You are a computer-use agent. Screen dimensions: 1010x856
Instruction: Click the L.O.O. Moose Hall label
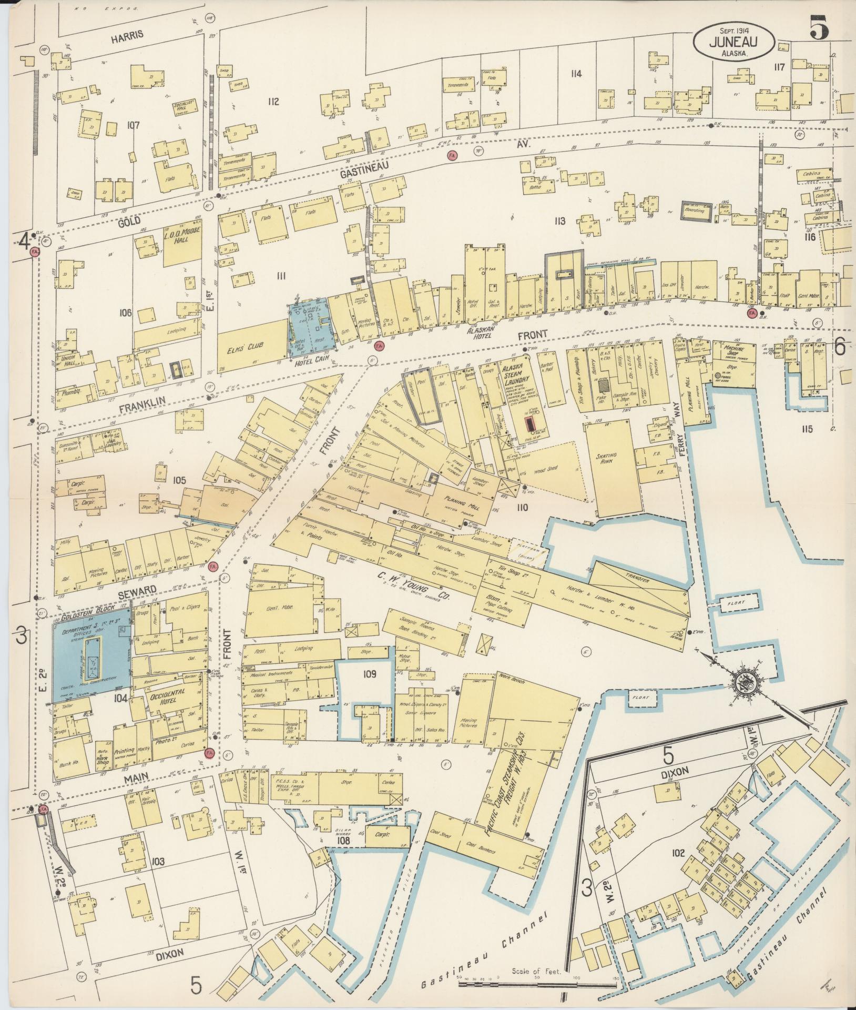183,243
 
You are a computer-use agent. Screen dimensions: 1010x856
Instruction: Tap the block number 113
559,221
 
